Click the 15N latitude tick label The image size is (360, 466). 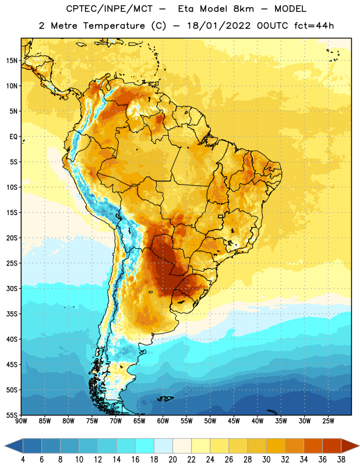pos(12,61)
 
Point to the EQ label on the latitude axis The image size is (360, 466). pos(13,137)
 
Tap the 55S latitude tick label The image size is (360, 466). pos(12,415)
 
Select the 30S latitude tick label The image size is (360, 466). pos(12,288)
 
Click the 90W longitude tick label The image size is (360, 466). pos(21,421)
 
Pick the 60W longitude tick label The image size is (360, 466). pos(163,421)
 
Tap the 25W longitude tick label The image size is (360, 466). pos(328,421)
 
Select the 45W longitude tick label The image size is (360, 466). pos(234,421)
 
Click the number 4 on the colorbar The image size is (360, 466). pos(23,460)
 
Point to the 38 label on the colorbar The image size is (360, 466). pos(341,460)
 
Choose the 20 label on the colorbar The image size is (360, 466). pos(172,460)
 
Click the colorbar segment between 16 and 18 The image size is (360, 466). pos(145,446)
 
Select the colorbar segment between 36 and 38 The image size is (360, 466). pos(332,446)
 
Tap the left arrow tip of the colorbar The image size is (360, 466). pos(5,446)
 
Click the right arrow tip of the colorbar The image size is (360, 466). pos(359,446)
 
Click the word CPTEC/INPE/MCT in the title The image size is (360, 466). pos(110,9)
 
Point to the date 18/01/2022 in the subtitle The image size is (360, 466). pos(219,26)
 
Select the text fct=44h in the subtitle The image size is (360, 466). pos(314,26)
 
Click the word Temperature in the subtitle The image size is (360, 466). pos(114,26)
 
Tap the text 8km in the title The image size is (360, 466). pos(243,9)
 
